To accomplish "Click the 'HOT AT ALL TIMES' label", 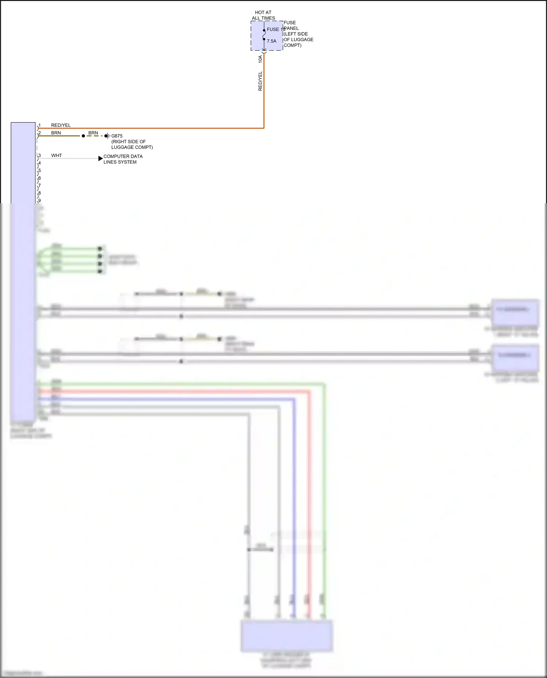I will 263,15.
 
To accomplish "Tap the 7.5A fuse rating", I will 271,41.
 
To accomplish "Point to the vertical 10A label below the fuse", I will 260,59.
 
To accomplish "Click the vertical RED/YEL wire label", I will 260,81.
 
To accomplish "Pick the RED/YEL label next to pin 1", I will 61,125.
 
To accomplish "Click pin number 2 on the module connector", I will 39,133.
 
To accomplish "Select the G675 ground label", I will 117,136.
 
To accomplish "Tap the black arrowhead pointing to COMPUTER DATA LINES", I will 101,158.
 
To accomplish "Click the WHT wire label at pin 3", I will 57,156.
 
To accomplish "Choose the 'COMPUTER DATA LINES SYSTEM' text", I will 123,159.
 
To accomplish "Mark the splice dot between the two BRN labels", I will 83,136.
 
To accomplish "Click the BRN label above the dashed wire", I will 93,133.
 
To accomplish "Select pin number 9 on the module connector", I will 39,200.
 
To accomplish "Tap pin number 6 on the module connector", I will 39,178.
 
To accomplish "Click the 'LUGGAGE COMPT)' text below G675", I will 132,147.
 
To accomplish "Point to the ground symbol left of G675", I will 107,136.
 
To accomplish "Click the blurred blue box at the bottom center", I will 287,636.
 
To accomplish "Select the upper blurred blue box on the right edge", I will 515,312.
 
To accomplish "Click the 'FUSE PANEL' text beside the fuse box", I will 291,26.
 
